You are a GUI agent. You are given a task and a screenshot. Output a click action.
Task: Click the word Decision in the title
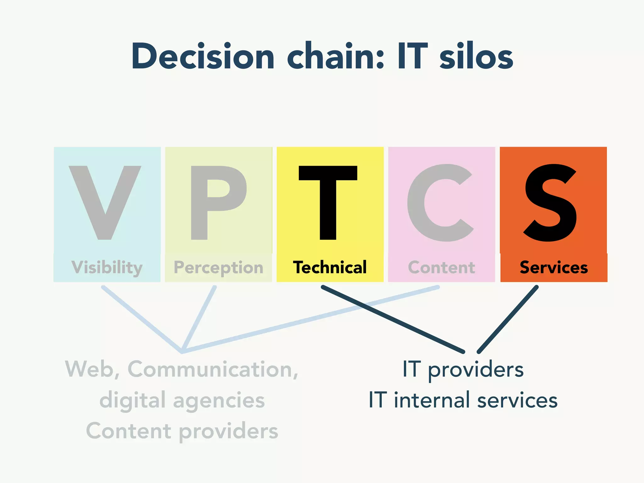click(x=203, y=57)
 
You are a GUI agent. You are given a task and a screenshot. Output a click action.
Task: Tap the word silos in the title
click(x=476, y=57)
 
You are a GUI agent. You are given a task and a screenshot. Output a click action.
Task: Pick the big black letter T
click(x=328, y=201)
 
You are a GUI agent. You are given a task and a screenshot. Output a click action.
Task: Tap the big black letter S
click(x=550, y=203)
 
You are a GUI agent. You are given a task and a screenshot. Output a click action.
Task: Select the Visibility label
click(x=107, y=268)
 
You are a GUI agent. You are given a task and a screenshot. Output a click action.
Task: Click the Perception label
click(x=219, y=268)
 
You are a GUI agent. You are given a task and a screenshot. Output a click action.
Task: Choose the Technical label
click(x=330, y=267)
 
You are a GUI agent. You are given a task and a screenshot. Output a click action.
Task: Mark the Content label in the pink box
click(x=441, y=268)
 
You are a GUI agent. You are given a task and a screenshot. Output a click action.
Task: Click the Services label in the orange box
click(x=554, y=268)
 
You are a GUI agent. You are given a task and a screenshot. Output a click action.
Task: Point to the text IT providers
click(x=463, y=369)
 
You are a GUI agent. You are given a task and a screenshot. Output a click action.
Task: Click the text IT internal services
click(x=463, y=400)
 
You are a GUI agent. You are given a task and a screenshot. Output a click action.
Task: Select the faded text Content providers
click(x=182, y=431)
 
